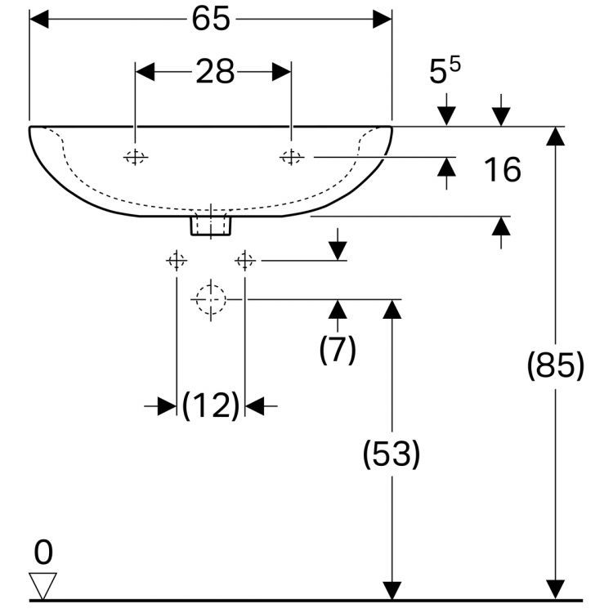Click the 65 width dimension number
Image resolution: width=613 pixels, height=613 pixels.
click(x=210, y=20)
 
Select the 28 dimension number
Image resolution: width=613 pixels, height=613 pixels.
click(x=214, y=73)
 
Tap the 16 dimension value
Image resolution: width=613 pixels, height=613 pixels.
click(x=501, y=170)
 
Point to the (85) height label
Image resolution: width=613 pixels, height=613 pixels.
click(x=556, y=366)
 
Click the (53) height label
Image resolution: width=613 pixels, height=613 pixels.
click(x=392, y=454)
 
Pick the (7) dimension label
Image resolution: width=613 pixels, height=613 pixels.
click(x=338, y=350)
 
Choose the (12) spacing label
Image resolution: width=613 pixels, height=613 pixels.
click(x=210, y=405)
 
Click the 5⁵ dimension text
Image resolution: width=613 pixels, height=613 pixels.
click(x=445, y=72)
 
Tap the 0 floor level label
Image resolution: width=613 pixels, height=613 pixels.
click(x=43, y=553)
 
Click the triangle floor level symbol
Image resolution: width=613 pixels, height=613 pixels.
click(x=43, y=584)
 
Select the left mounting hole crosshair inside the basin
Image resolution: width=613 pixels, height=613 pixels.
click(x=136, y=157)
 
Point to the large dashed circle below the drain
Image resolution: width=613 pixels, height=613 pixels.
click(x=210, y=299)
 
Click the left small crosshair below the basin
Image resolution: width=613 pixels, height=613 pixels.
click(x=176, y=261)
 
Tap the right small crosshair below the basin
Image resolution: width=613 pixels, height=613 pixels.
click(x=244, y=261)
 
